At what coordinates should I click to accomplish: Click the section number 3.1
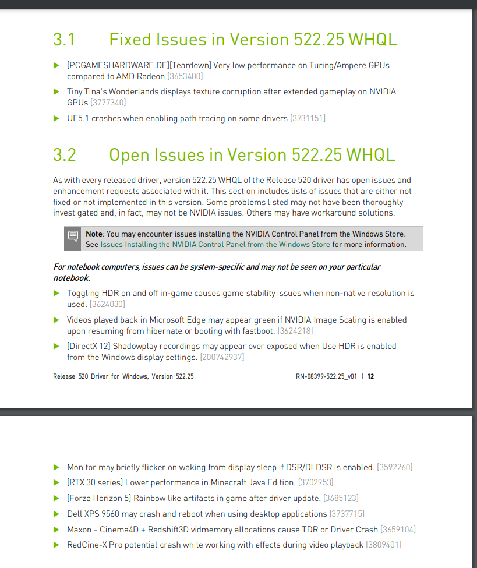(64, 40)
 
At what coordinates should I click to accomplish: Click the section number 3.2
(65, 155)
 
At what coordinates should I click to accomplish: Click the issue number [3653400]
(185, 76)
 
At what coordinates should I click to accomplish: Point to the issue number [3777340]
(108, 103)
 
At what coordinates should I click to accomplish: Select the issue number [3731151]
(308, 118)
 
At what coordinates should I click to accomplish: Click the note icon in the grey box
(73, 237)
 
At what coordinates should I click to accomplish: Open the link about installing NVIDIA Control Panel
(215, 245)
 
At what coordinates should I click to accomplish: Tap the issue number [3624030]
(107, 304)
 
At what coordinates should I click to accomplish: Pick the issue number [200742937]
(222, 357)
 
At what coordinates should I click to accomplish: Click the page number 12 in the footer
(370, 376)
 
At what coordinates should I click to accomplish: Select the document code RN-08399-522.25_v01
(326, 376)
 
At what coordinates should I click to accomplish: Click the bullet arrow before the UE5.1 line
(56, 118)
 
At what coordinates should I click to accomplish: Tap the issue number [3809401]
(383, 545)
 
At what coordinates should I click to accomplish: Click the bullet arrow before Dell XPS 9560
(56, 514)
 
